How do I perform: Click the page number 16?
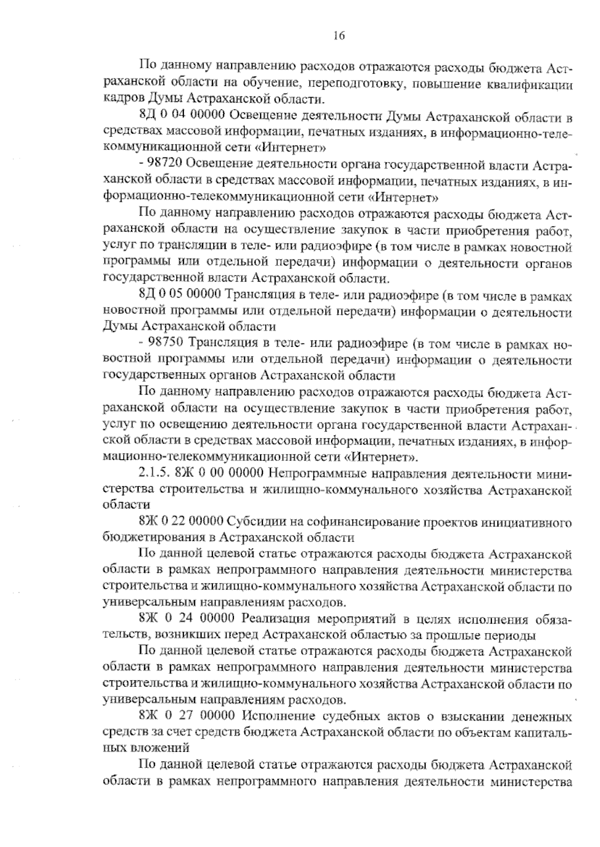click(x=338, y=35)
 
